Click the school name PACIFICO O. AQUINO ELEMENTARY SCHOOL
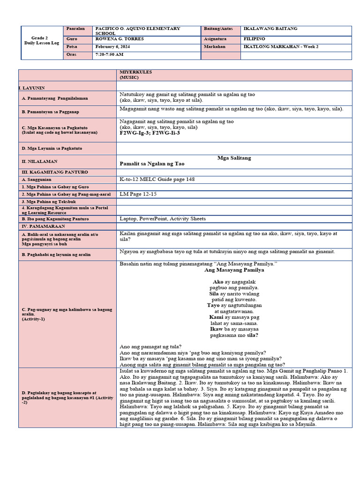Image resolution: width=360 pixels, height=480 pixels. point(137,31)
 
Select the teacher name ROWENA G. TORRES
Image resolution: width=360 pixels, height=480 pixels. point(120,39)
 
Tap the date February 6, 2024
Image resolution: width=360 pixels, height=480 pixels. point(114,47)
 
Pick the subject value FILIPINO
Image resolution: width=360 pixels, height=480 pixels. point(255,39)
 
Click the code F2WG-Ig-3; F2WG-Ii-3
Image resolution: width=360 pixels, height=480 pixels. point(150,133)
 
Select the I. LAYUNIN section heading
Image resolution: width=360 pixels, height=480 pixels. point(31,88)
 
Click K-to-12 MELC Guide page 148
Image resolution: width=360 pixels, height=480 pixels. point(157,179)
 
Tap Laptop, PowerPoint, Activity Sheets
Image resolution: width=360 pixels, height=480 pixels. point(163,218)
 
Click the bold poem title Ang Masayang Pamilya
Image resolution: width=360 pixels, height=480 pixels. point(234,270)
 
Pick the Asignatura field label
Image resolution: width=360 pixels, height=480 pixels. point(215,39)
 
